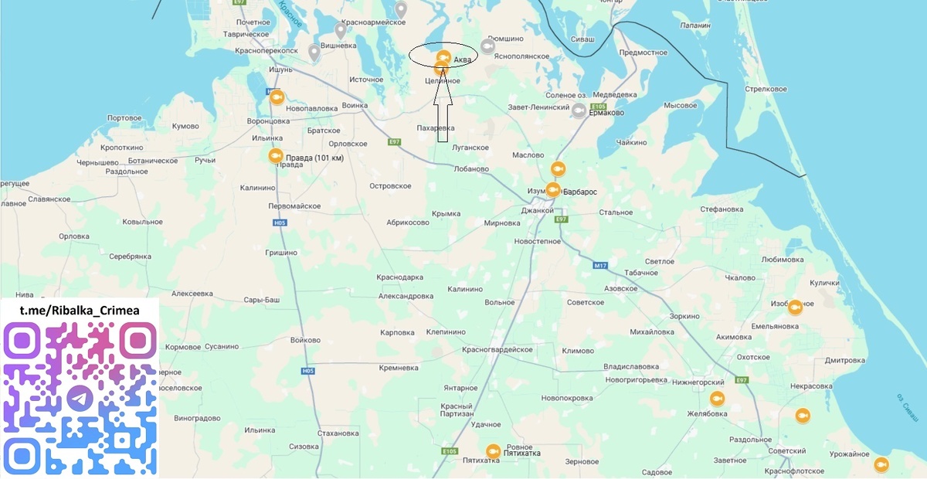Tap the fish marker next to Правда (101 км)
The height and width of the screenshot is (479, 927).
click(276, 156)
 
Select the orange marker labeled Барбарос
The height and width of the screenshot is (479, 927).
click(553, 190)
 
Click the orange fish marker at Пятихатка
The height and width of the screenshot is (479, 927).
click(493, 451)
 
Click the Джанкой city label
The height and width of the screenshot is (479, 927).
click(538, 210)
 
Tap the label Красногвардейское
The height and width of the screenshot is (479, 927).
click(497, 350)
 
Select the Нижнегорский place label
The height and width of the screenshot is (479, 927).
click(698, 382)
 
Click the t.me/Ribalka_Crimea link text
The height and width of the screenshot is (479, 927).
click(80, 310)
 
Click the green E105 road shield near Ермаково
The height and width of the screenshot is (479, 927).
click(598, 107)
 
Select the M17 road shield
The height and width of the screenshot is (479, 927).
click(600, 266)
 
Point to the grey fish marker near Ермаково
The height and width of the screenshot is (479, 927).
click(578, 110)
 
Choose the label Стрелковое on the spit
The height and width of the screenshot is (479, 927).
click(765, 89)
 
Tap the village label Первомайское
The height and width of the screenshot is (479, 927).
click(294, 206)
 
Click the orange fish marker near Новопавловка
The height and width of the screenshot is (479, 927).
click(276, 98)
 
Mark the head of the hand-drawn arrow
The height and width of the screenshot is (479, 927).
click(443, 80)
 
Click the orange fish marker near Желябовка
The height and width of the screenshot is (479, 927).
click(717, 399)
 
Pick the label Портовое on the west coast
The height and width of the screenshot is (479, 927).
click(125, 118)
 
